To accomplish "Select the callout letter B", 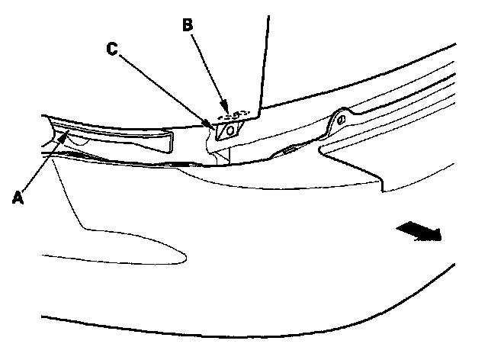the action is coord(188,24).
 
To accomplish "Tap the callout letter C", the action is coord(112,50).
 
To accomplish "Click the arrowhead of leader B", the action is coord(226,111).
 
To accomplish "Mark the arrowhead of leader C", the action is coord(212,124).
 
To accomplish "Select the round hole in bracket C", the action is coord(230,130).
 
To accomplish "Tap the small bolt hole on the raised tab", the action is coord(342,119).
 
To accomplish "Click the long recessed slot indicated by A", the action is coord(114,140).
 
